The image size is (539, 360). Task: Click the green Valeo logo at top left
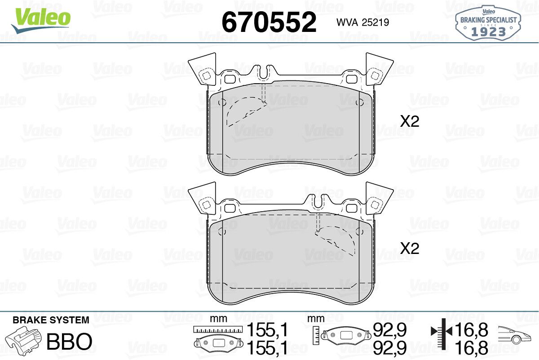41,21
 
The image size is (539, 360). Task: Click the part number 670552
269,22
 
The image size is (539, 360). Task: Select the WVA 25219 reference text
362,22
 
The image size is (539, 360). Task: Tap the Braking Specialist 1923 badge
488,23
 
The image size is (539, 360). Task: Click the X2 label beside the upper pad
410,121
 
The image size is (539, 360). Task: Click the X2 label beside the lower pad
410,248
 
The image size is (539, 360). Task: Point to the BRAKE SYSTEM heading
51,320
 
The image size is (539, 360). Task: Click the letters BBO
69,341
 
